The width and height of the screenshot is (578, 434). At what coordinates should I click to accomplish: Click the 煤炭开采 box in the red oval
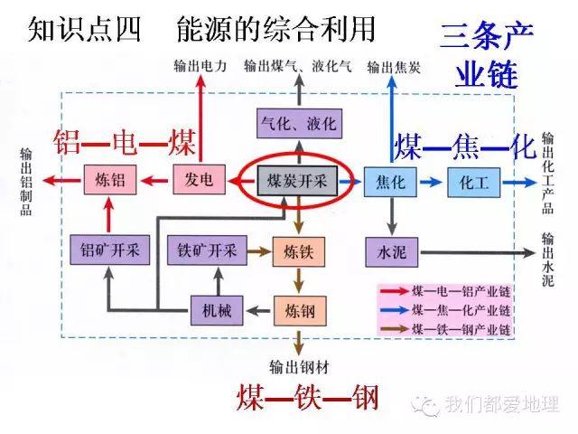tap(296, 181)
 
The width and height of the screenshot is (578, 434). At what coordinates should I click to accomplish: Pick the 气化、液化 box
tap(296, 121)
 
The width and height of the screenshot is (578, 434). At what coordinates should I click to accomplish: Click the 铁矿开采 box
tap(207, 250)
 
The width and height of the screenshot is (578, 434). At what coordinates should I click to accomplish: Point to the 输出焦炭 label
tap(393, 67)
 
